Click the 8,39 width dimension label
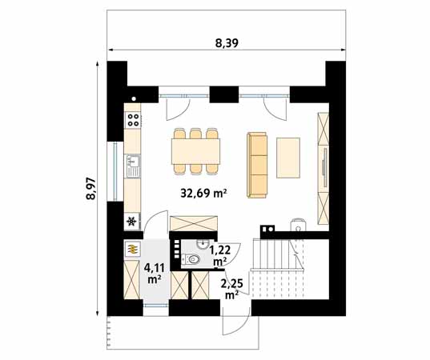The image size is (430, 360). [227, 43]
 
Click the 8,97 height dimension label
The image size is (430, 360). [90, 189]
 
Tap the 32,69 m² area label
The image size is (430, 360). [203, 194]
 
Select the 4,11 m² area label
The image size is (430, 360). [154, 273]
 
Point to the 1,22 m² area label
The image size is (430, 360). [219, 255]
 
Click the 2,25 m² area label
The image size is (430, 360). [231, 289]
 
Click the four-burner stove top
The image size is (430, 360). [133, 120]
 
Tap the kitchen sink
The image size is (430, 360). [133, 166]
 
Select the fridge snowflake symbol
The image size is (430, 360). [132, 221]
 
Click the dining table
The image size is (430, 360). [196, 151]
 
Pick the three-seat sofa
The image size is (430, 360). [257, 165]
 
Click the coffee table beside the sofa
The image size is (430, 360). [288, 158]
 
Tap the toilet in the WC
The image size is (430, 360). [191, 259]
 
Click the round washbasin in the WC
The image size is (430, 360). [203, 243]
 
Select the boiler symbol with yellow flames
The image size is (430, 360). [133, 249]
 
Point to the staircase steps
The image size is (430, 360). [279, 269]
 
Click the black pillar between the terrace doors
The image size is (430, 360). [224, 94]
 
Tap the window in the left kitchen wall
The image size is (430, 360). [115, 171]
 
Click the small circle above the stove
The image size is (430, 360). [134, 98]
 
